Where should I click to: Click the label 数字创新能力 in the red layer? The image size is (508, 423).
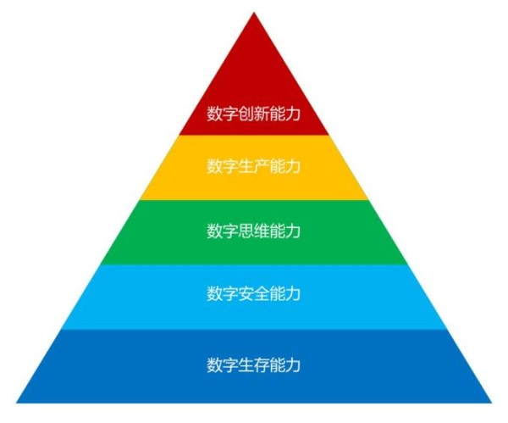[x=254, y=114]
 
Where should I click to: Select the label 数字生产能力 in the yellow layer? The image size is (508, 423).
[x=254, y=166]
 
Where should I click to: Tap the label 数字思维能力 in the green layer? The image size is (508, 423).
[x=254, y=231]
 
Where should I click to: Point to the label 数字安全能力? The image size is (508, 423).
[x=254, y=293]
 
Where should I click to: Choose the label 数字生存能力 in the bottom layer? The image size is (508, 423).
[x=254, y=365]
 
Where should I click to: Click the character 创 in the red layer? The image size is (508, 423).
[x=246, y=114]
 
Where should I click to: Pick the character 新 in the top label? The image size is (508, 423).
[x=261, y=114]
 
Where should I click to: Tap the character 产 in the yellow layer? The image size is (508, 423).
[x=261, y=166]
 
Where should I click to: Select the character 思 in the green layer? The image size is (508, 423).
[x=246, y=231]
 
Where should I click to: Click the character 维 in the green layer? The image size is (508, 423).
[x=261, y=231]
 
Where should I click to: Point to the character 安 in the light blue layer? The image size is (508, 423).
[x=246, y=293]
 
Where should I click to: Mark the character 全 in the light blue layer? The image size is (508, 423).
[x=261, y=293]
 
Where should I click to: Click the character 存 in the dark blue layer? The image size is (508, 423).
[x=261, y=365]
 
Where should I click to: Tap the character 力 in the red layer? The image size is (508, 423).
[x=293, y=114]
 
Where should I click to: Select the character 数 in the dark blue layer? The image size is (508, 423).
[x=214, y=365]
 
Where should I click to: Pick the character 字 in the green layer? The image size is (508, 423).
[x=230, y=231]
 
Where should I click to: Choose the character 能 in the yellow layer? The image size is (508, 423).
[x=277, y=166]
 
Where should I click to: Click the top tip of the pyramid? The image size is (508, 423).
[x=254, y=13]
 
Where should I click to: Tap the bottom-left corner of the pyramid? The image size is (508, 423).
[x=17, y=403]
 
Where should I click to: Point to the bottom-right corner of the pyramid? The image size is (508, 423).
[x=491, y=403]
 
